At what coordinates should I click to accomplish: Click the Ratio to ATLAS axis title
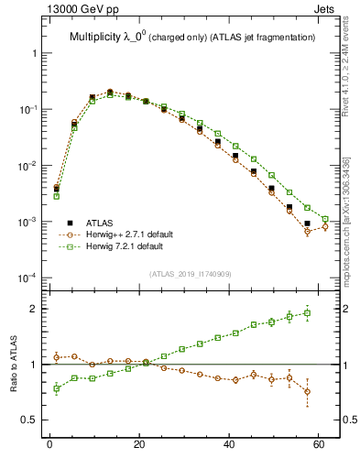pos(12,364)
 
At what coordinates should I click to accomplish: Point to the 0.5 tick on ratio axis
pos(32,420)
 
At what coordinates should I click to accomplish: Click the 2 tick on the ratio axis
pos(37,309)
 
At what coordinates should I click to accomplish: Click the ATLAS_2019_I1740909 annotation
pos(191,273)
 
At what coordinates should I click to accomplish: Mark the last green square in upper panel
pos(325,219)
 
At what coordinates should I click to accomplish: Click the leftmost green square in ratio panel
pos(57,388)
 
